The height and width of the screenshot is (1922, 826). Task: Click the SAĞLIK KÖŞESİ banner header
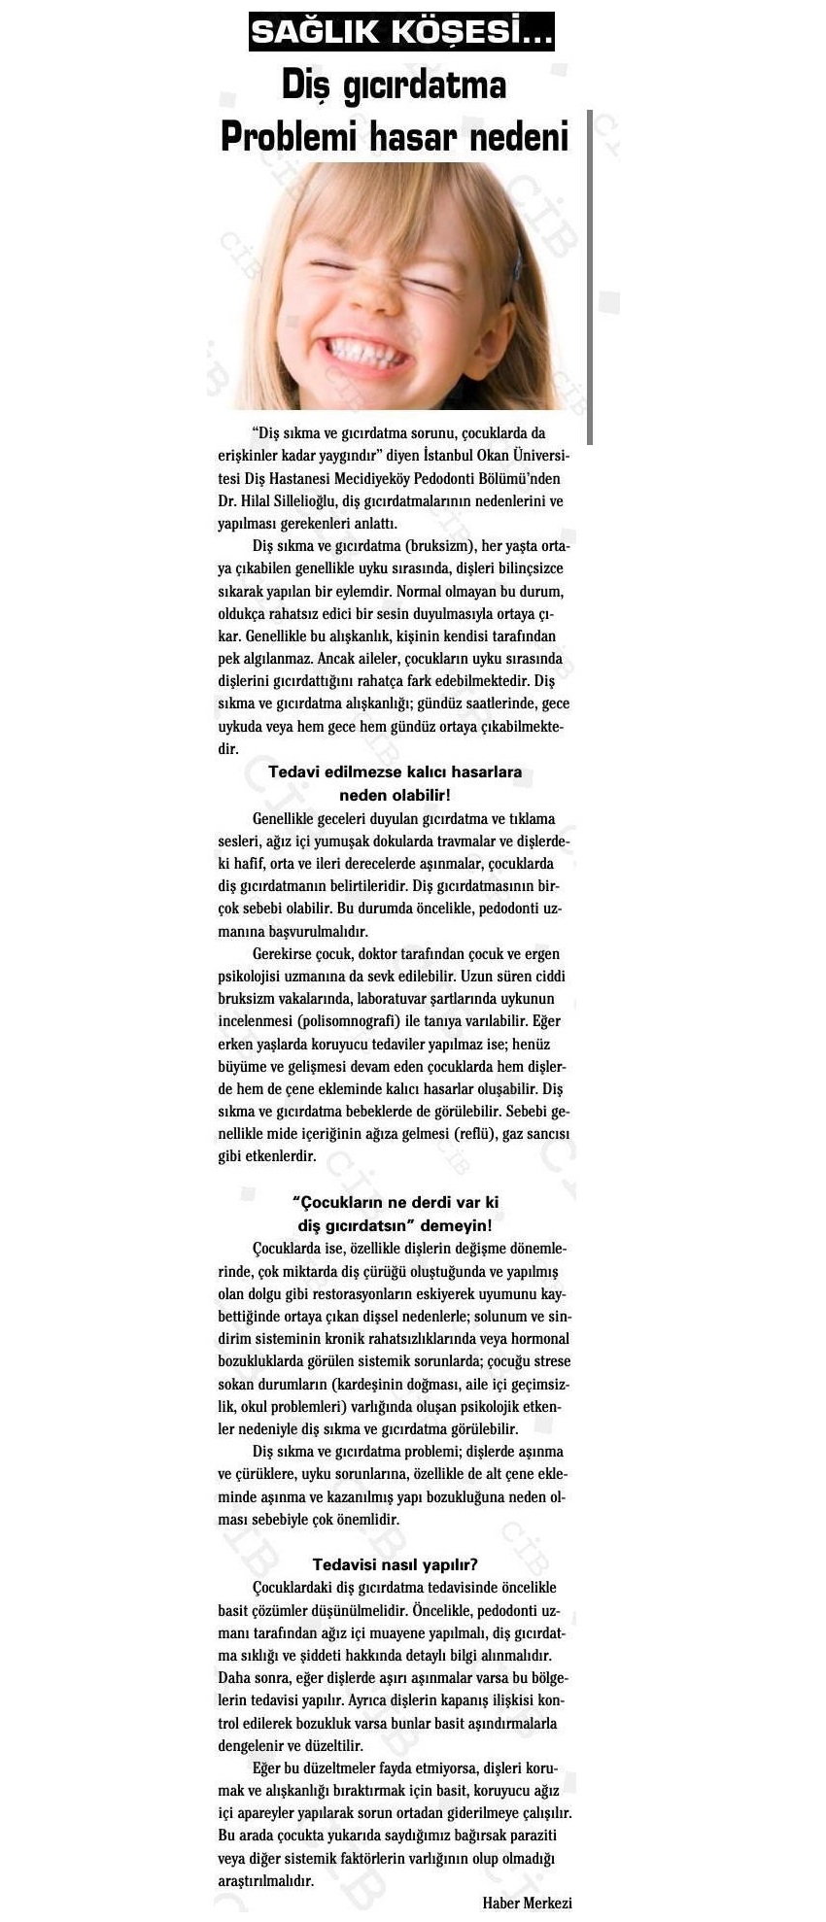pos(401,32)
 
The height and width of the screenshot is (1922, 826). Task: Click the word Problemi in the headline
pos(291,135)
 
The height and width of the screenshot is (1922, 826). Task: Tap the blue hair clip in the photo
pos(518,260)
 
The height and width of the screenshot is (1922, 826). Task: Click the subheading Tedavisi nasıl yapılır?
pos(395,1564)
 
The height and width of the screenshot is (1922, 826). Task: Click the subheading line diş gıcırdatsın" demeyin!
pos(395,1226)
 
